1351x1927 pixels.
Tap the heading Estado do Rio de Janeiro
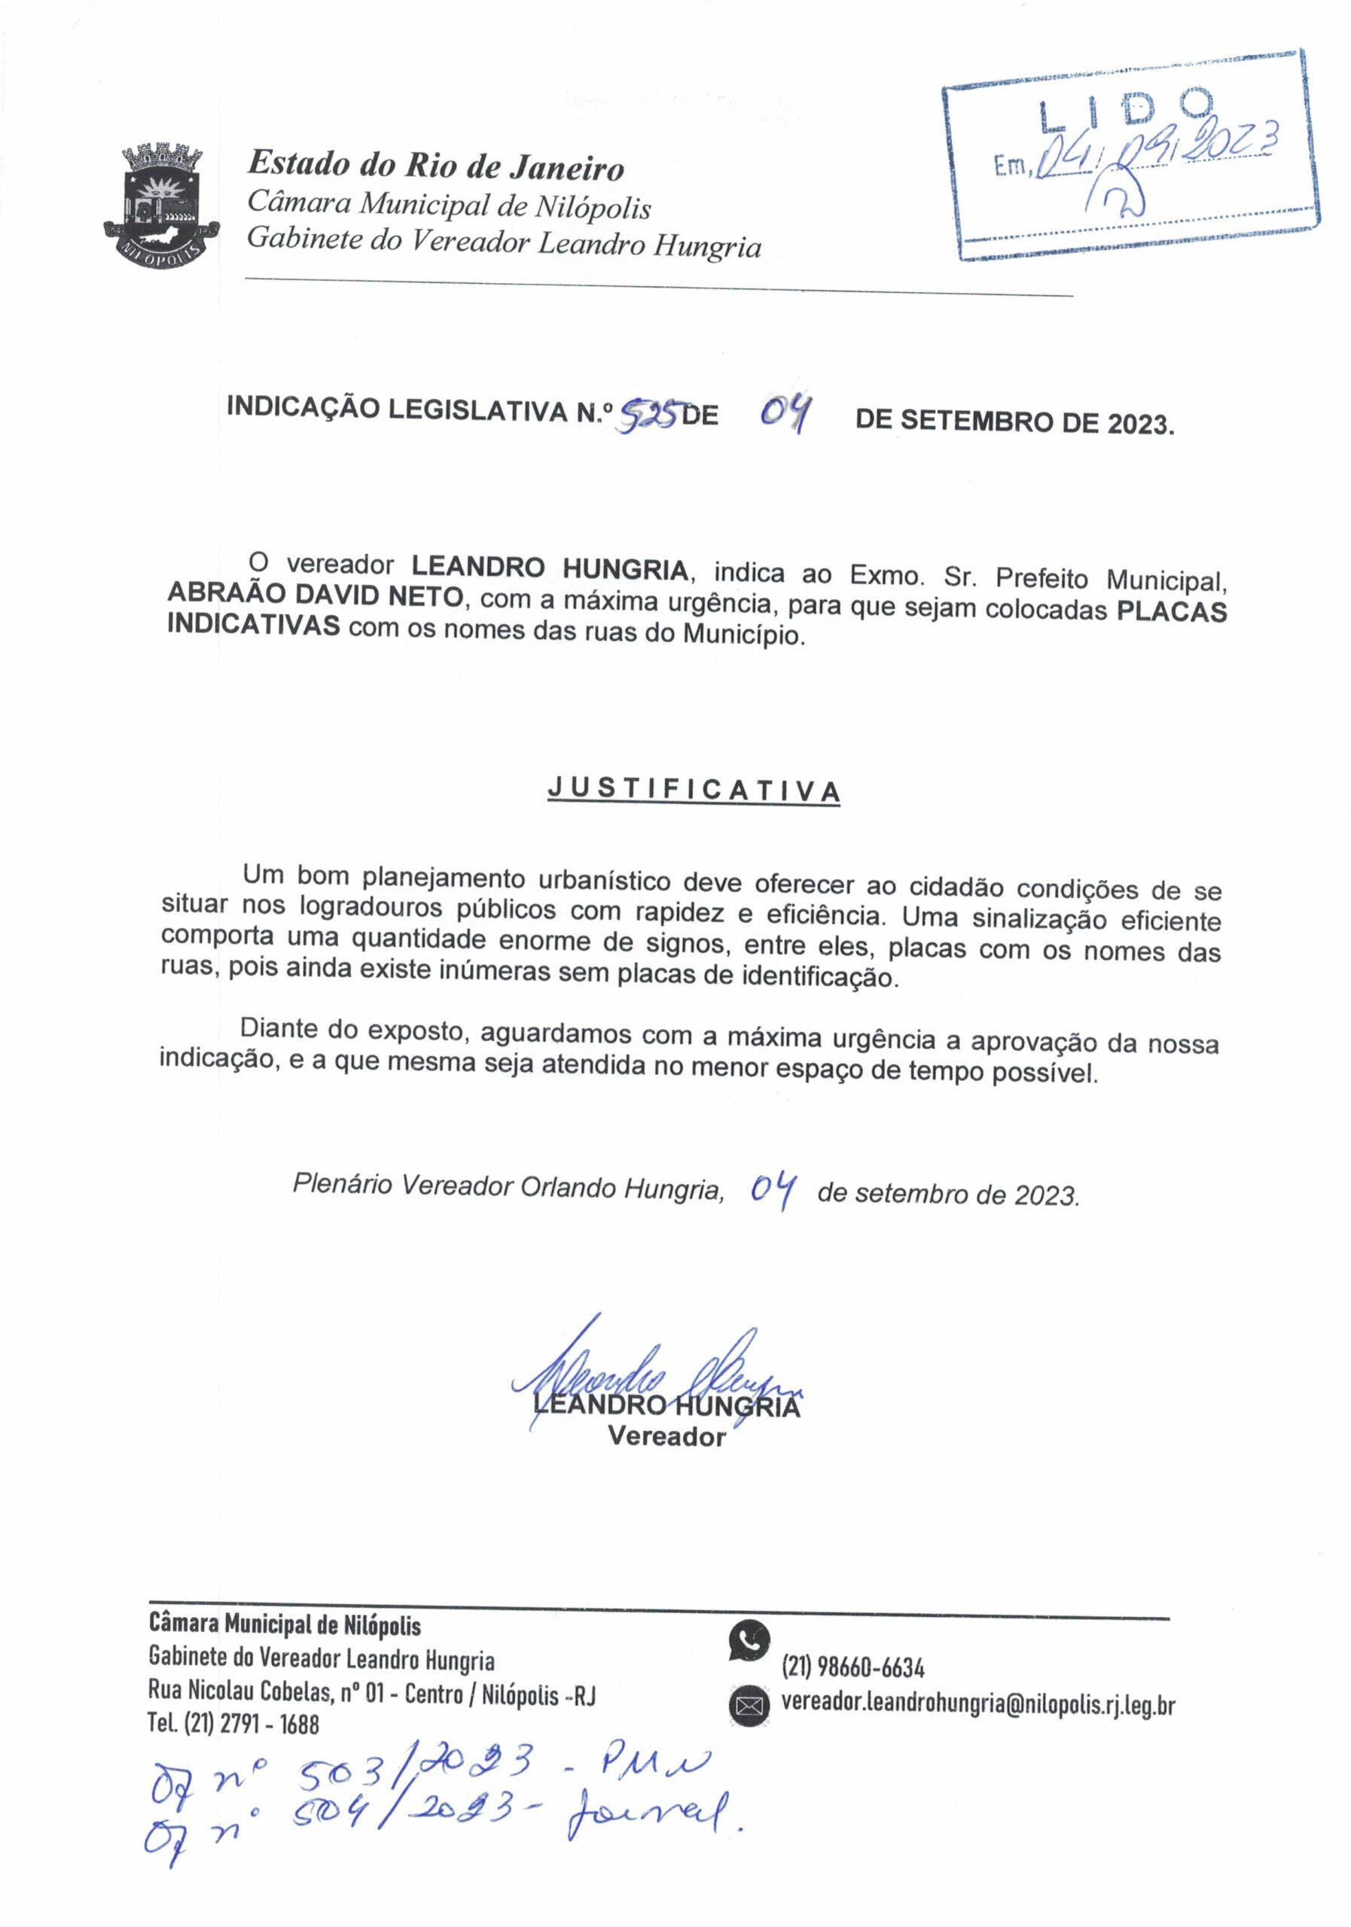tap(435, 166)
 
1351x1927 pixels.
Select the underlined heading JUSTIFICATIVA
tap(693, 790)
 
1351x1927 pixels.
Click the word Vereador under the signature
tap(666, 1437)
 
